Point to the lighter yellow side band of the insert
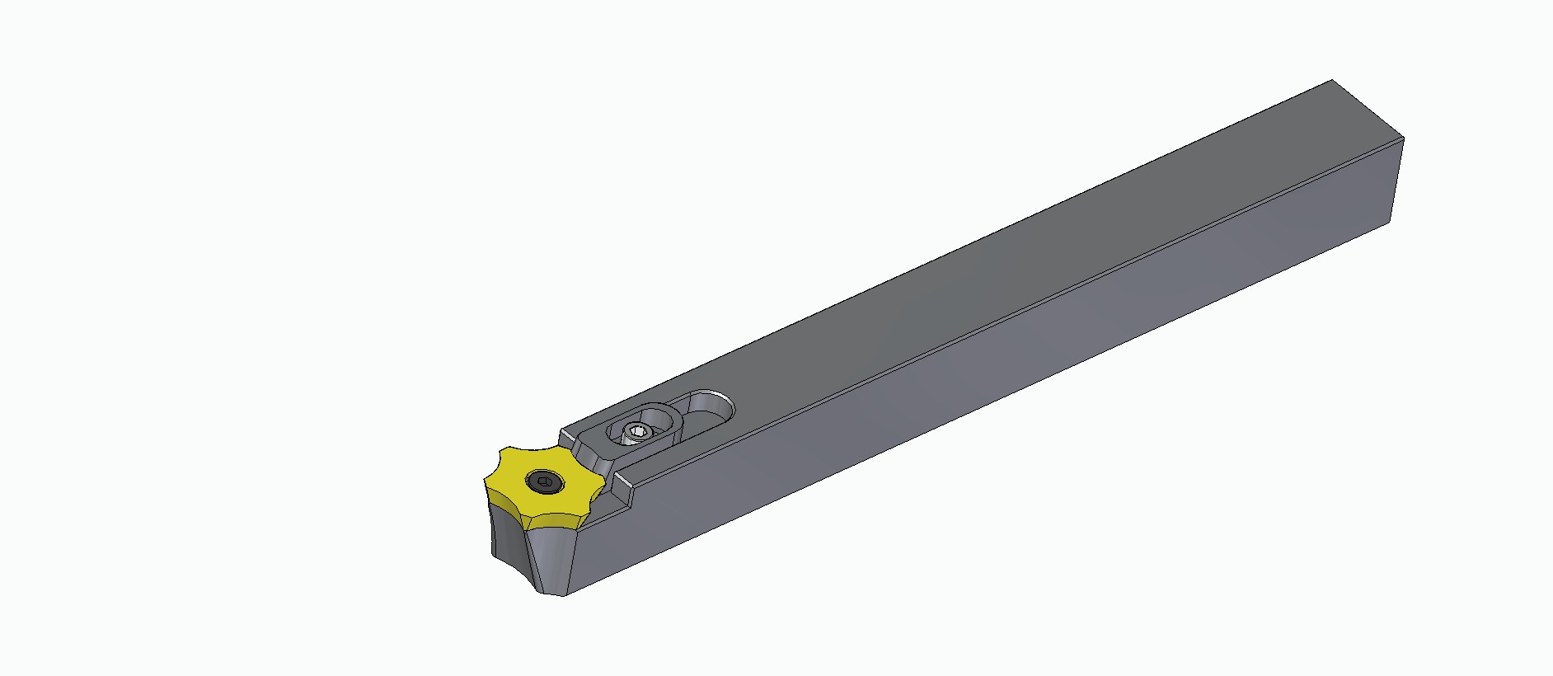(x=552, y=522)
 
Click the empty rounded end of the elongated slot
(x=711, y=405)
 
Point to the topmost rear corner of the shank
(x=1332, y=81)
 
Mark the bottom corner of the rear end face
(x=1392, y=223)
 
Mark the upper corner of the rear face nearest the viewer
(x=1402, y=138)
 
